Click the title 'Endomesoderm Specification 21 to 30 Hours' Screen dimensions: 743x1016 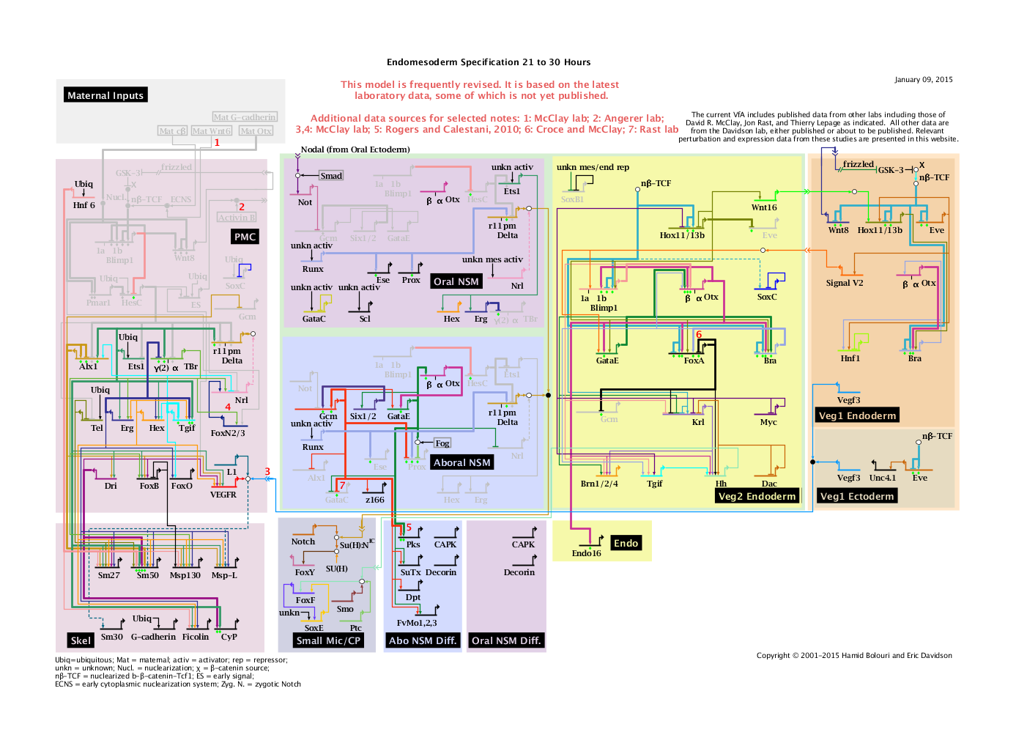pyautogui.click(x=489, y=62)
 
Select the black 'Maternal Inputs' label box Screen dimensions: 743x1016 pyautogui.click(x=105, y=95)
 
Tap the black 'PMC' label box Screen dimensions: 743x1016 pyautogui.click(x=245, y=237)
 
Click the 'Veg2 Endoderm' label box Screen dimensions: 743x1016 pyautogui.click(x=757, y=496)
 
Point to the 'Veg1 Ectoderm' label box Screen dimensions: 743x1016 pyautogui.click(x=856, y=496)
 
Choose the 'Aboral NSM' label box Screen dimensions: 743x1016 pyautogui.click(x=461, y=462)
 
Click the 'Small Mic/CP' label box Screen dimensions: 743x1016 pyautogui.click(x=328, y=640)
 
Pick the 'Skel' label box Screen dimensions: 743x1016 pyautogui.click(x=81, y=640)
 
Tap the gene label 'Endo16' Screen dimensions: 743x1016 pyautogui.click(x=586, y=553)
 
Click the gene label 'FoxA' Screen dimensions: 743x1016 pyautogui.click(x=694, y=361)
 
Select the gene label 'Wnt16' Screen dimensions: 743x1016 pyautogui.click(x=764, y=207)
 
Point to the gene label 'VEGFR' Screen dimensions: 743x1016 pyautogui.click(x=223, y=495)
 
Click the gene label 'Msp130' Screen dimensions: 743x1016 pyautogui.click(x=185, y=575)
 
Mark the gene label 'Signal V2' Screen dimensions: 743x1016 pyautogui.click(x=845, y=283)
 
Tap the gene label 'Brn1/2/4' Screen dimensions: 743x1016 pyautogui.click(x=599, y=484)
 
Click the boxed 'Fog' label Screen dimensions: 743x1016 pyautogui.click(x=442, y=443)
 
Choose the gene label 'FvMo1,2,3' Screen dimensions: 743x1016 pyautogui.click(x=417, y=623)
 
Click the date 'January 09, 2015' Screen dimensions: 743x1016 pyautogui.click(x=923, y=80)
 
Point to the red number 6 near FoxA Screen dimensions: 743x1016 pyautogui.click(x=699, y=335)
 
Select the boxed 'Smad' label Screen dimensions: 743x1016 pyautogui.click(x=331, y=176)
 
